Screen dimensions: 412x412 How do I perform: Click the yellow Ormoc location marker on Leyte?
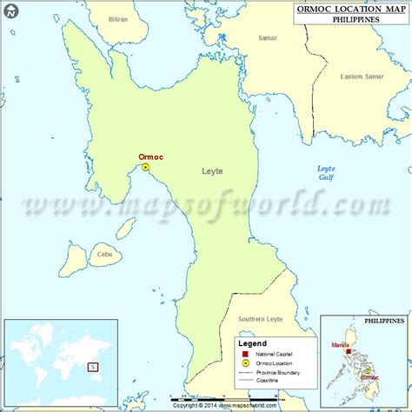146,167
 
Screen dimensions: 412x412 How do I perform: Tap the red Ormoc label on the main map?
150,157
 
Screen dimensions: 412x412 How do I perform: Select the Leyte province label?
212,171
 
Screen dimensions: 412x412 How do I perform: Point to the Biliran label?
117,19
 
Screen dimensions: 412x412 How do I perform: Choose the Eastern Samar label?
363,77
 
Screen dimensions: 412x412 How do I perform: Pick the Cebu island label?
105,255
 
